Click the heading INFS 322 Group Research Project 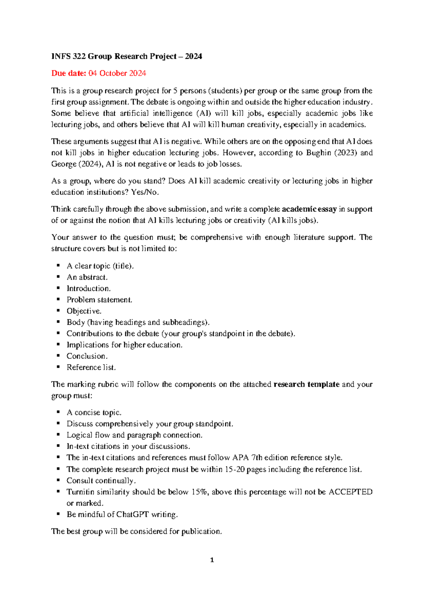click(x=126, y=57)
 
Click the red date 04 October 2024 click(x=117, y=73)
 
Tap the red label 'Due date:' click(x=69, y=73)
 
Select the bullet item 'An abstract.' click(x=87, y=277)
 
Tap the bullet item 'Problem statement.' click(x=99, y=300)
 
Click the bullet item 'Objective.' click(x=84, y=311)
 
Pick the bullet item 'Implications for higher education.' click(x=124, y=345)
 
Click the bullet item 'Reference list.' click(x=91, y=368)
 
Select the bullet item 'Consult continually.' click(x=101, y=481)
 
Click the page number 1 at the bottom click(x=212, y=560)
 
